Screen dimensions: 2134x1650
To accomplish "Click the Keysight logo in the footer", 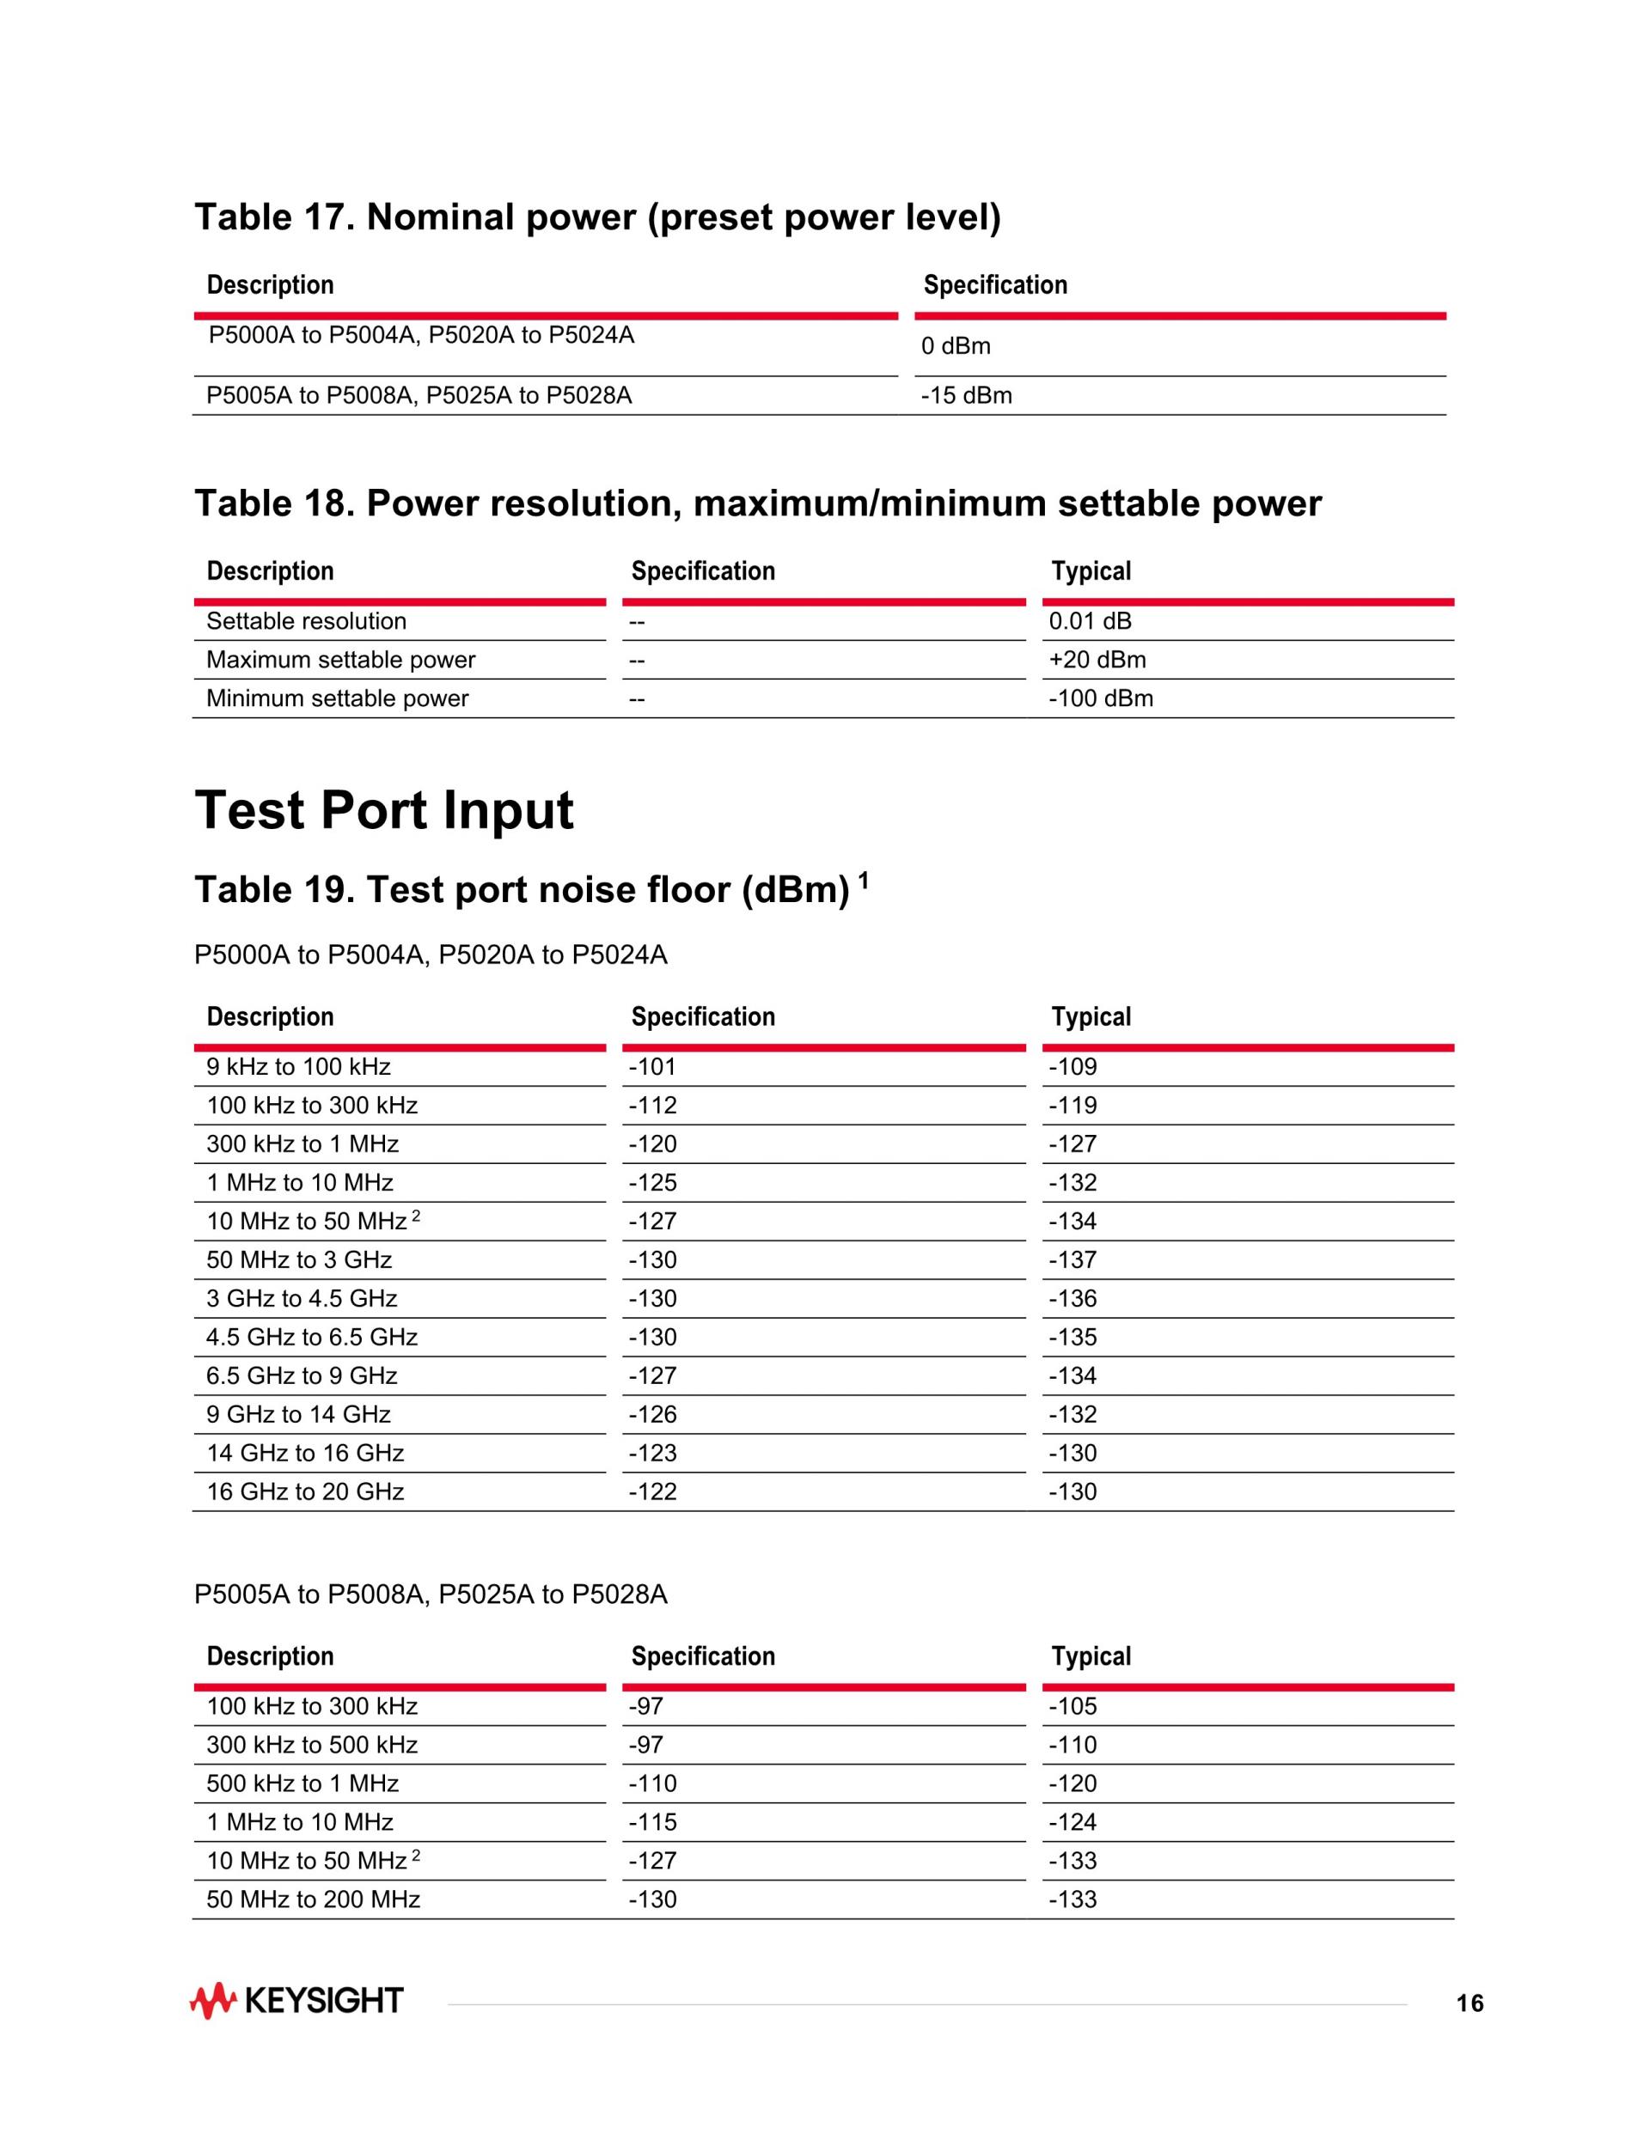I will (296, 2001).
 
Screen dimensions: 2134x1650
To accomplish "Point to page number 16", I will (1470, 2004).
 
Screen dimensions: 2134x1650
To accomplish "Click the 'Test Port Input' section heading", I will (384, 810).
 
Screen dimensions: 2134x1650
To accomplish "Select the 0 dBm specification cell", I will (955, 346).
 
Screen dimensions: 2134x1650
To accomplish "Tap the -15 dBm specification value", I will (966, 396).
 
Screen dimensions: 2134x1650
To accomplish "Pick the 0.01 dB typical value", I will (1090, 621).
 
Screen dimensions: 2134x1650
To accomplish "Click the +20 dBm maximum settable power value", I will (1097, 660).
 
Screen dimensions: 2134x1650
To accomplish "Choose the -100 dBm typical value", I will (1101, 698).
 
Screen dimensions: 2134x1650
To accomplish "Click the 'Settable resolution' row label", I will (306, 621).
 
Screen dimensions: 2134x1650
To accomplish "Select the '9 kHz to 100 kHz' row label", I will (298, 1067).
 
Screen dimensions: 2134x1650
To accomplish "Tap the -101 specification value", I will (652, 1067).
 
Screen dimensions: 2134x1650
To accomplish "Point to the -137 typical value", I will (1072, 1259).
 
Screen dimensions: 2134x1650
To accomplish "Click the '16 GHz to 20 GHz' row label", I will (305, 1491).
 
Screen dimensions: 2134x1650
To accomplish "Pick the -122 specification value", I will (652, 1491).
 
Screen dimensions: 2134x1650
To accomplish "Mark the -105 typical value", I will (1072, 1706).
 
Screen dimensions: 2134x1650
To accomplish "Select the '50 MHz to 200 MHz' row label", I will (313, 1899).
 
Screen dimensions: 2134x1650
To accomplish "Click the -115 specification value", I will (652, 1821).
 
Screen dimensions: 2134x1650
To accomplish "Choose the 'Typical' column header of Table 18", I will (1091, 571).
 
